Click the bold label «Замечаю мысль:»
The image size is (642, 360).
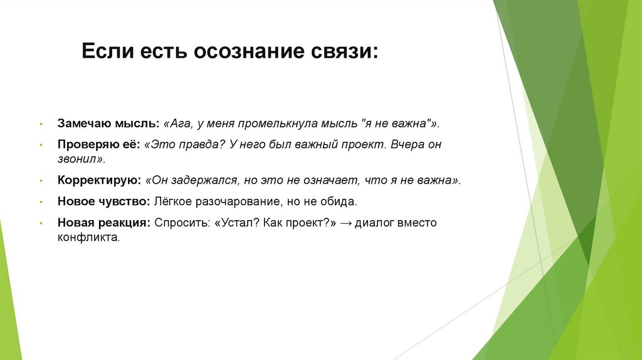click(108, 123)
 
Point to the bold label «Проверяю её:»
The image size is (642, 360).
click(99, 144)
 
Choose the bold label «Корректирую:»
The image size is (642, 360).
click(99, 181)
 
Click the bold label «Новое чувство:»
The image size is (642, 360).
click(103, 202)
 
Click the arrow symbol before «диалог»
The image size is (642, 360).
click(345, 223)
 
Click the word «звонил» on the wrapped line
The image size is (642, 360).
click(77, 160)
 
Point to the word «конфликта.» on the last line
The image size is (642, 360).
click(88, 238)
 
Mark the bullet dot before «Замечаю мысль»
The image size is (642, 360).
click(40, 124)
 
